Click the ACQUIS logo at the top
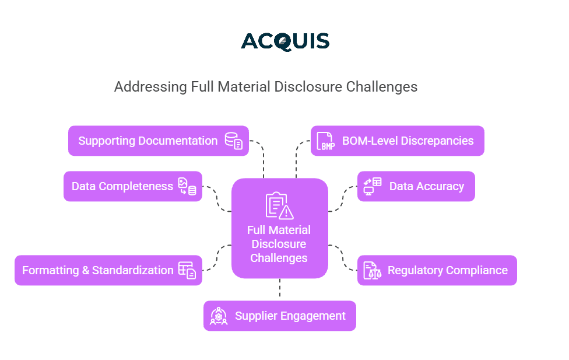(x=285, y=41)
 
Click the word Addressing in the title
(x=150, y=87)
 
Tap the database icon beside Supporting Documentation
(x=234, y=141)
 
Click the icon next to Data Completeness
(x=187, y=186)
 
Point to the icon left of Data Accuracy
(x=373, y=186)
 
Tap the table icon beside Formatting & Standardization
(x=187, y=270)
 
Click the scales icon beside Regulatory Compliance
(x=373, y=270)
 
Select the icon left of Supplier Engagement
(x=219, y=316)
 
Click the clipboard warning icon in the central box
(x=279, y=206)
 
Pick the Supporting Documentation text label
(x=147, y=141)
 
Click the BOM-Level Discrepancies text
(x=408, y=141)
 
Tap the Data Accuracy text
(x=426, y=186)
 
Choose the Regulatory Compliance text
(x=447, y=270)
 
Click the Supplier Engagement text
(x=290, y=316)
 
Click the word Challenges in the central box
(x=279, y=258)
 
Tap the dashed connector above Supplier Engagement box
(x=280, y=289)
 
